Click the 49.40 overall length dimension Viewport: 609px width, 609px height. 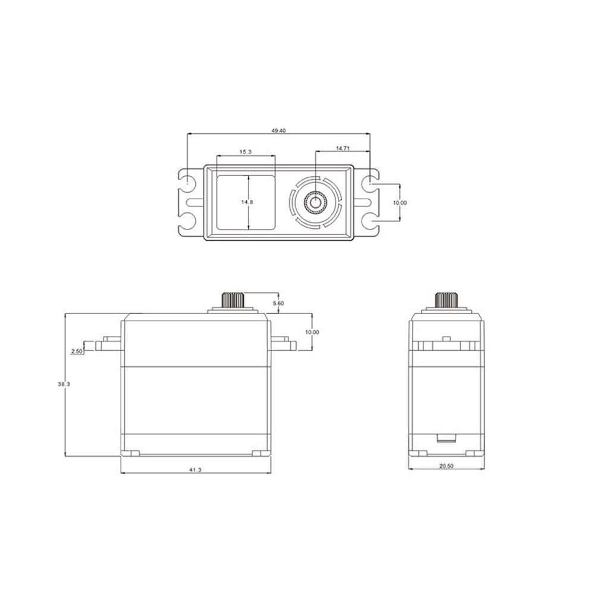(x=278, y=130)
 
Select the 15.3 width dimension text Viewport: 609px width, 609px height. (x=246, y=152)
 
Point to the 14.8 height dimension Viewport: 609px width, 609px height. (x=247, y=202)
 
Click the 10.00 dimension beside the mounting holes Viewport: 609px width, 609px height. (x=400, y=202)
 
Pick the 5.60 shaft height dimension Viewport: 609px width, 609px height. (x=278, y=303)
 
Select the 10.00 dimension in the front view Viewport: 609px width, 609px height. (x=312, y=332)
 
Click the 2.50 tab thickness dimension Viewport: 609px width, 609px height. (x=77, y=351)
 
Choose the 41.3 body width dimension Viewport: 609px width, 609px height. (x=195, y=470)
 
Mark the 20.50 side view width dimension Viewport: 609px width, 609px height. (x=446, y=466)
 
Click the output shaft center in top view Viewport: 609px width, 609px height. (x=315, y=203)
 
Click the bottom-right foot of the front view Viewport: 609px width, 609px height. (x=257, y=454)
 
